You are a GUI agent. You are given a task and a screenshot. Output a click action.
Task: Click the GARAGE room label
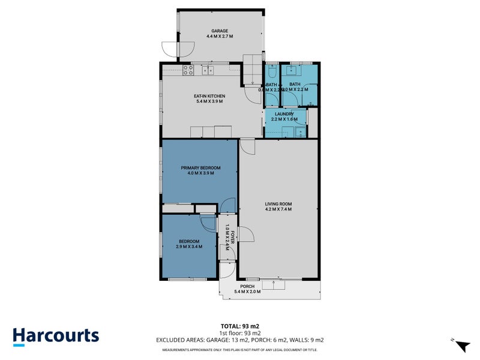219,31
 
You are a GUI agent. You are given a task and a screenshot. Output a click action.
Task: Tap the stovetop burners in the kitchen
187,70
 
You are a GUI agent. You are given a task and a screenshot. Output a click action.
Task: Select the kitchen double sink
209,70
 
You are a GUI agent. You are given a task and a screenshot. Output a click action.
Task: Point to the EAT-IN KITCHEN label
209,96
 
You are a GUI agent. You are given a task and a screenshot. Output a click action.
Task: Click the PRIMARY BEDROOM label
201,167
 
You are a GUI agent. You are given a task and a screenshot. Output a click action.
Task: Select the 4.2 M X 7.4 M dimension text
278,209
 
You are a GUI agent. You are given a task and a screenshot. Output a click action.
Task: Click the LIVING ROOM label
278,204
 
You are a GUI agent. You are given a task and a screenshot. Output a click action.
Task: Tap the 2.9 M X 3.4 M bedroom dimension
189,247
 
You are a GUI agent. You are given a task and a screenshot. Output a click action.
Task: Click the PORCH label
247,287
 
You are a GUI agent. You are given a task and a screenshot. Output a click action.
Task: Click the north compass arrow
461,346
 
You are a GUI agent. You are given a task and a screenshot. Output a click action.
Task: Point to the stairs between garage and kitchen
253,63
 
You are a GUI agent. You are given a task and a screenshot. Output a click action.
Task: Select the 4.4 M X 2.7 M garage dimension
219,37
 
